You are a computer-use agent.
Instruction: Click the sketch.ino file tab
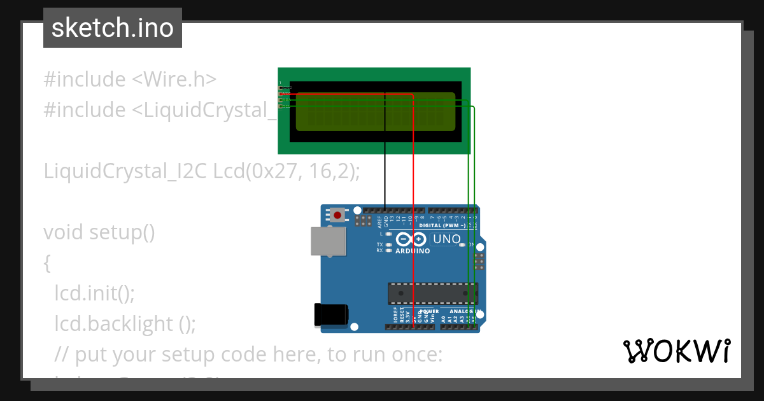pos(113,28)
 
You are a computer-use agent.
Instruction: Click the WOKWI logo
pos(676,351)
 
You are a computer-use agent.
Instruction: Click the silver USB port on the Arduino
pos(329,243)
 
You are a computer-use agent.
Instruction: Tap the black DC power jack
pos(331,315)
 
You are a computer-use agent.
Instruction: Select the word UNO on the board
pos(446,239)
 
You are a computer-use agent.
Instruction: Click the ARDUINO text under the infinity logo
pos(413,251)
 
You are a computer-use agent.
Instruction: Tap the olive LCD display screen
pos(376,111)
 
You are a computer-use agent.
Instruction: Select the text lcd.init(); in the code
pos(94,293)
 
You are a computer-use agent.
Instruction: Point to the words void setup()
pos(99,232)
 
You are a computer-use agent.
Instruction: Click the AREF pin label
pos(379,222)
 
